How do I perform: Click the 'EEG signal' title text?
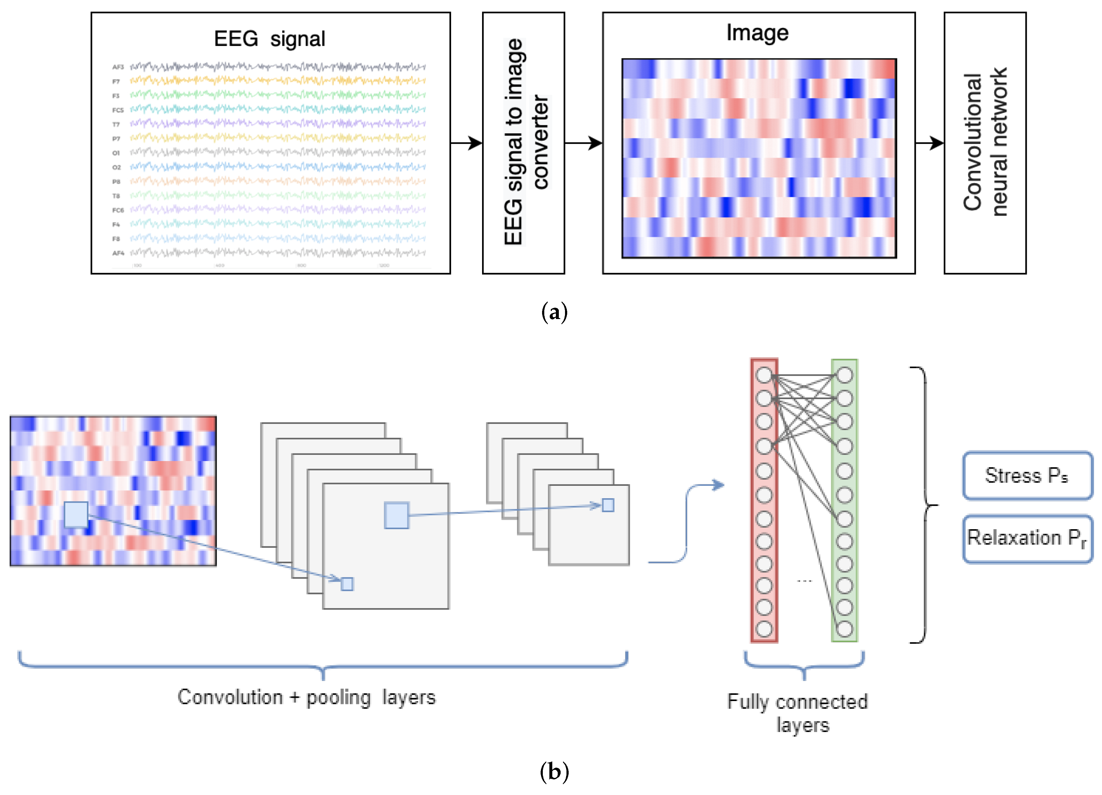[x=269, y=39]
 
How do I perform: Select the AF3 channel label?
[x=118, y=67]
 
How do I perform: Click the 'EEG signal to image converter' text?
[x=526, y=142]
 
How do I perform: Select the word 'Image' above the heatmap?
[x=757, y=33]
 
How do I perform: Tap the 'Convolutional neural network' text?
[x=984, y=142]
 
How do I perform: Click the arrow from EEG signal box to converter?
[x=466, y=143]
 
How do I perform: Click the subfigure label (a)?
[x=554, y=312]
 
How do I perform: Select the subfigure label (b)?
[x=554, y=772]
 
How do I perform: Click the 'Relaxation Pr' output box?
[x=1027, y=539]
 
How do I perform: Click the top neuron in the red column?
[x=764, y=375]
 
